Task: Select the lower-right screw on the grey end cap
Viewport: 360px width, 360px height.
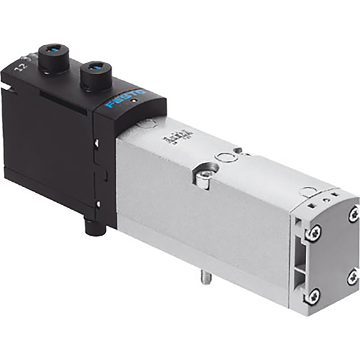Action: click(x=353, y=276)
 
